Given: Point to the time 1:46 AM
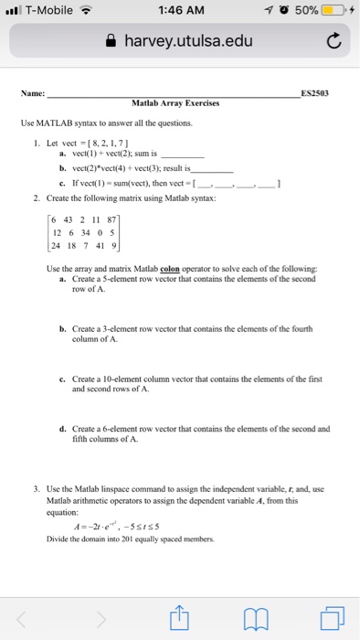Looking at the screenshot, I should [x=179, y=11].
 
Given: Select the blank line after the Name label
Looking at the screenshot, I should [x=174, y=92].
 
